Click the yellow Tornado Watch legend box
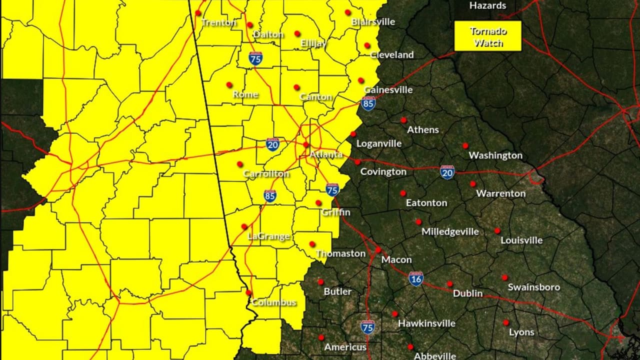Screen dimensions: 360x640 pos(488,36)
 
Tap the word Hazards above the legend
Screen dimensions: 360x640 pos(488,5)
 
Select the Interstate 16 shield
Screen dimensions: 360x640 pos(416,278)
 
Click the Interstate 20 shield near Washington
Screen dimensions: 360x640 pos(447,172)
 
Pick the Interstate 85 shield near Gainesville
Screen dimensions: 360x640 pos(368,103)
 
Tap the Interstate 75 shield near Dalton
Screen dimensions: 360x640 pos(255,58)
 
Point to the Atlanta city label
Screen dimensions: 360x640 pos(326,154)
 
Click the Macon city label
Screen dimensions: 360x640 pos(396,259)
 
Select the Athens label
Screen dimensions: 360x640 pos(423,129)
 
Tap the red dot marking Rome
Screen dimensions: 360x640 pos(229,84)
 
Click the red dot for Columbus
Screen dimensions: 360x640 pos(248,292)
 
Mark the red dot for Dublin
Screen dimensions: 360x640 pos(449,283)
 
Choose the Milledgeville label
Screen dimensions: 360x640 pos(450,231)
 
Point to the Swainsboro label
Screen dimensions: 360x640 pos(533,287)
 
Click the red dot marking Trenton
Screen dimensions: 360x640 pos(198,13)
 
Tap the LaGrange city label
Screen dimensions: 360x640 pos(269,236)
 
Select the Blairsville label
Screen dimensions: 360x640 pos(373,21)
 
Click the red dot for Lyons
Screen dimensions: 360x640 pos(506,322)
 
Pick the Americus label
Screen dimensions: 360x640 pos(345,346)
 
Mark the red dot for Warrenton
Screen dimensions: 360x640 pos(472,183)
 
